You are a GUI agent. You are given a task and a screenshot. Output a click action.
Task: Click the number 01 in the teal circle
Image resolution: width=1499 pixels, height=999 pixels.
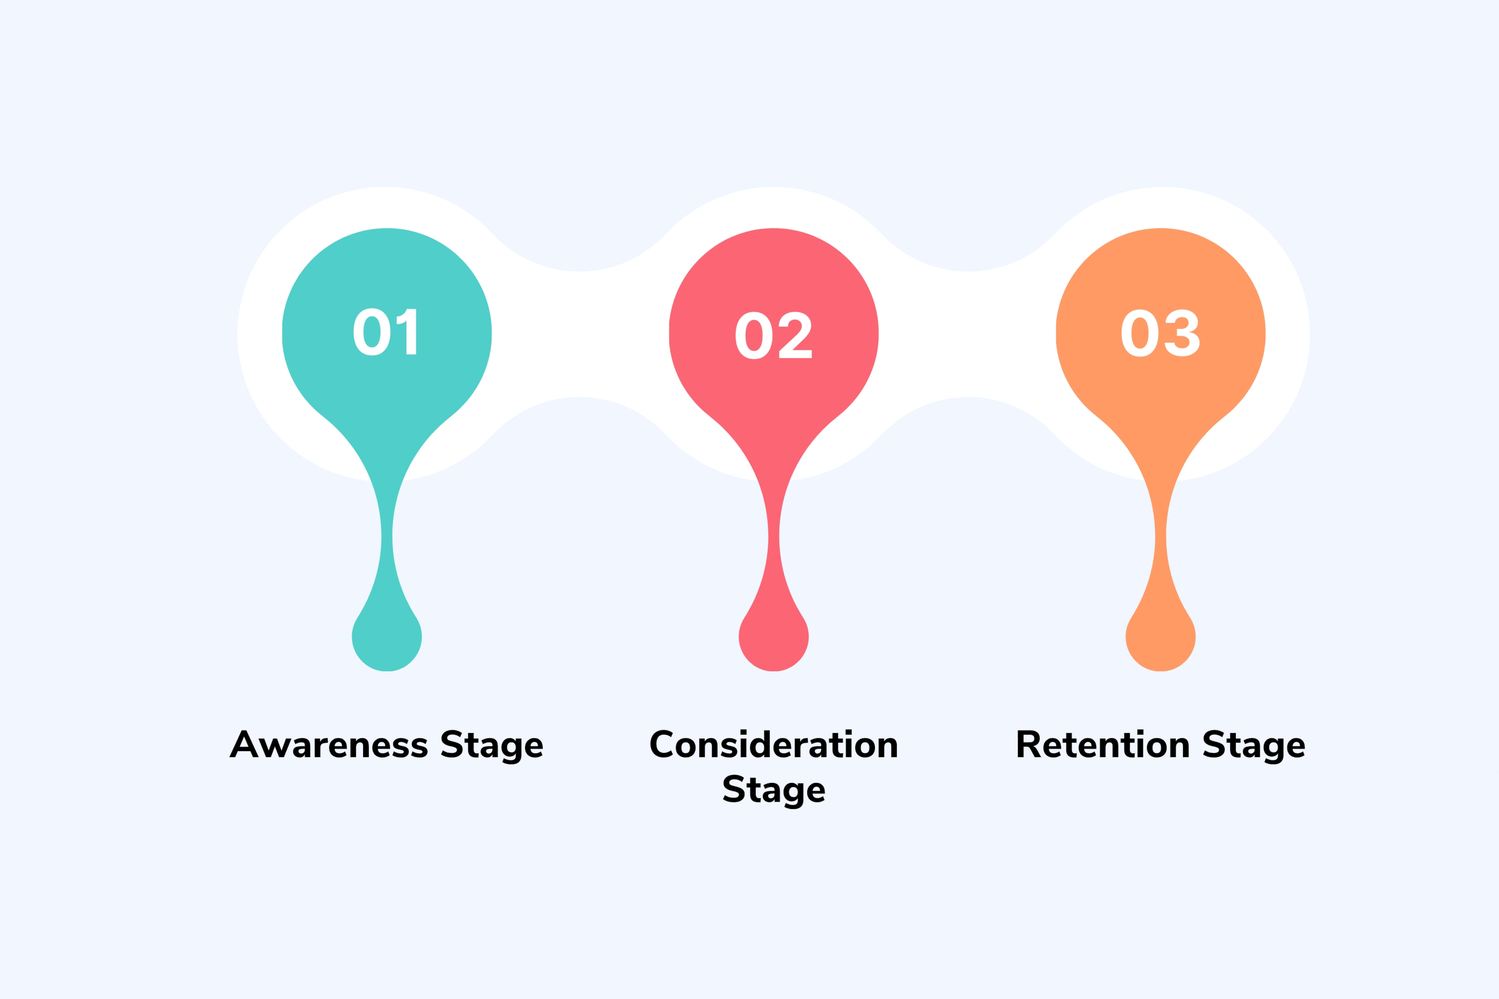coord(385,332)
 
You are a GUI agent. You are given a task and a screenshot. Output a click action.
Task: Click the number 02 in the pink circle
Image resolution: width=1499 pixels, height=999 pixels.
coord(773,335)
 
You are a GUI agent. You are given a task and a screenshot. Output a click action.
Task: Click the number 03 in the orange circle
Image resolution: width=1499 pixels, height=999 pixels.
coord(1160,333)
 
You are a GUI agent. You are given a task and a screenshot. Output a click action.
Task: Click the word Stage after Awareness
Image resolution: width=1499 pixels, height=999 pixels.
coord(491,746)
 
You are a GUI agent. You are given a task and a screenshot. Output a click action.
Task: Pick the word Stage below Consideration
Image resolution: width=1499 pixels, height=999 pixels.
coord(774,790)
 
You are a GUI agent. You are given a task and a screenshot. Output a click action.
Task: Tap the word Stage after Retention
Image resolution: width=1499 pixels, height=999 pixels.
coord(1254,746)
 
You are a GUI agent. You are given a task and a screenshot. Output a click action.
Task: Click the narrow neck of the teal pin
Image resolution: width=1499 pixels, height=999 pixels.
coord(387,538)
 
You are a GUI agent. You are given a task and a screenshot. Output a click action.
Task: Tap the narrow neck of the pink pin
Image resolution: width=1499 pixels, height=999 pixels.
coord(774,538)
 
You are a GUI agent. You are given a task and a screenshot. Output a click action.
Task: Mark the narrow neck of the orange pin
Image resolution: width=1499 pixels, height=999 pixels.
coord(1161,538)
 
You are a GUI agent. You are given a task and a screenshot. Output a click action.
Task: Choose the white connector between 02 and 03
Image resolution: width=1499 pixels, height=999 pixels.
coord(967,334)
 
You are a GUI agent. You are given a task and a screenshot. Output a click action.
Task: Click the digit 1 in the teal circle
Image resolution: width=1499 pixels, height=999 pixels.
coord(408,332)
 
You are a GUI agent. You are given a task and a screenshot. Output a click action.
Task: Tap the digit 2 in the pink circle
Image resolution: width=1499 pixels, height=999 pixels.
coord(795,335)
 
